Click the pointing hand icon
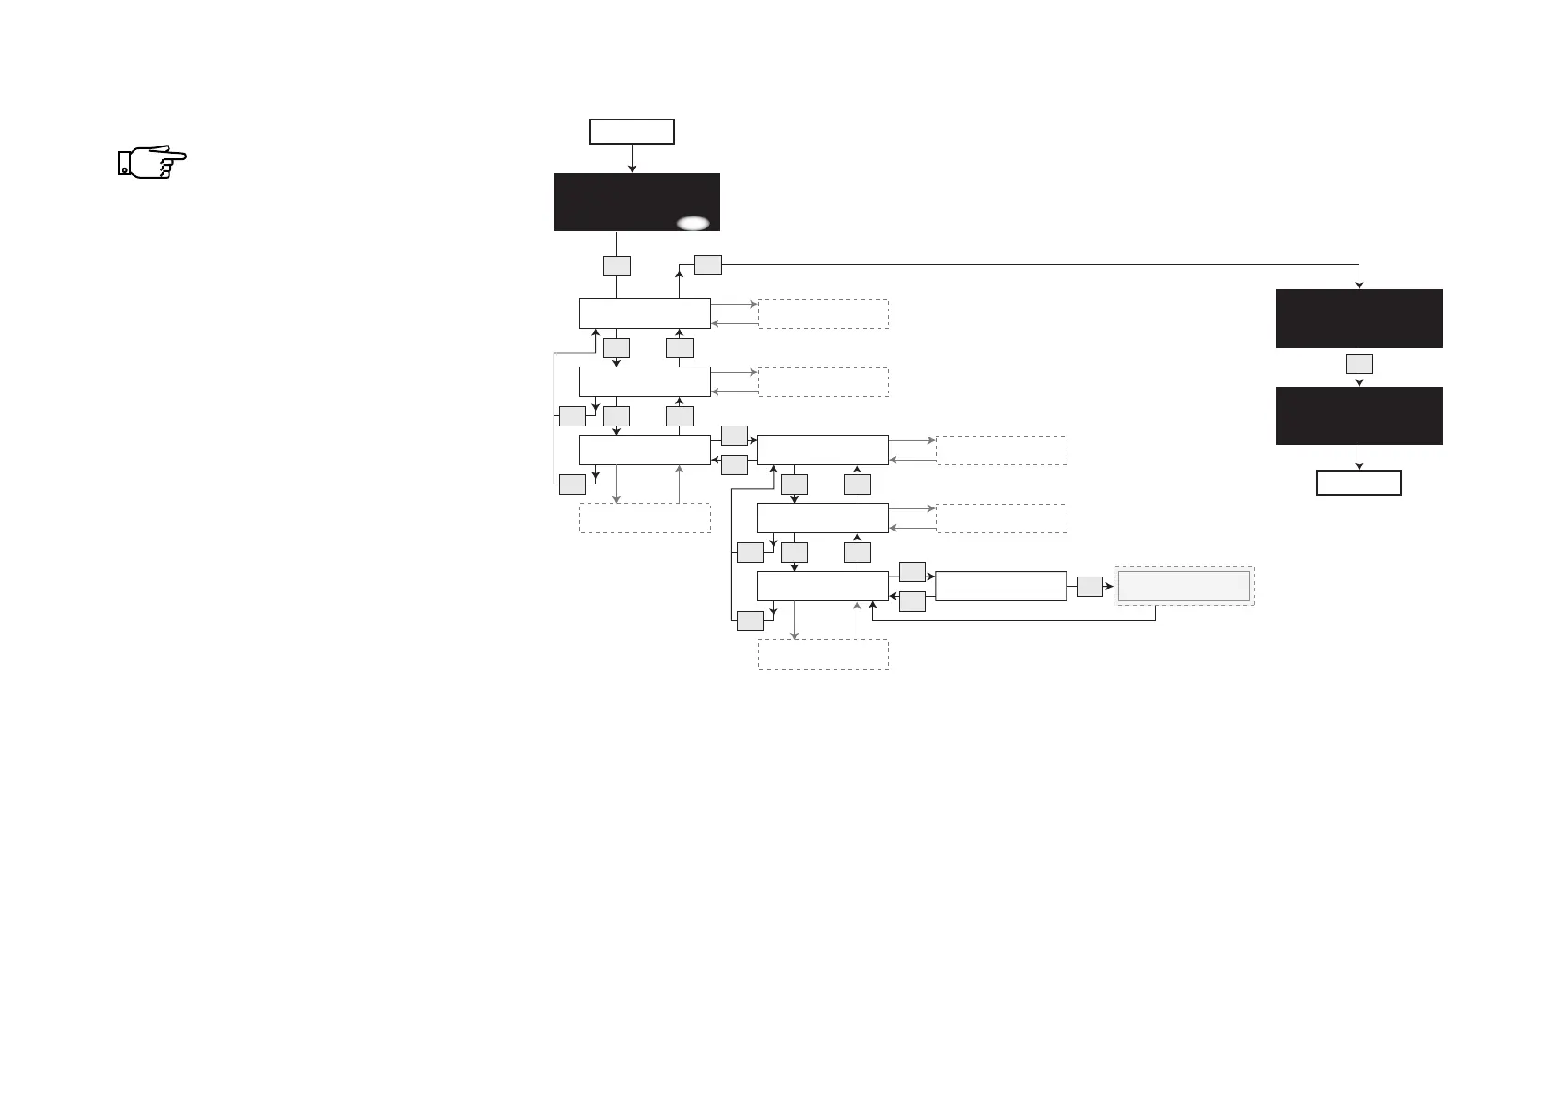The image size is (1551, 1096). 152,161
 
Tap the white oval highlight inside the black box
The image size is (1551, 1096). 694,223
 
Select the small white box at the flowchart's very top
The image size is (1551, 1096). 632,131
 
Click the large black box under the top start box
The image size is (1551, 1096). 636,201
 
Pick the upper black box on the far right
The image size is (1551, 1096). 1359,318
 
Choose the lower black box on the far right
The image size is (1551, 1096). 1359,415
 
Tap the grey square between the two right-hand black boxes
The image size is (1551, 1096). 1359,363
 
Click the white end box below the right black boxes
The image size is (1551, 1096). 1359,483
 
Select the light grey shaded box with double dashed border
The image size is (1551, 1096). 1184,586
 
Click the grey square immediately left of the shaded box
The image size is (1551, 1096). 1090,586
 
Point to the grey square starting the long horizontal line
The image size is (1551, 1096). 707,264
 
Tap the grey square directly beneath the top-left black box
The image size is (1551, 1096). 616,265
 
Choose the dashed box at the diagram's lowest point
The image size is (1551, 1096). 822,654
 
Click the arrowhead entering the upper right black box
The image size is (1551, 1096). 1359,285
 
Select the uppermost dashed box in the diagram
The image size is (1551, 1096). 822,313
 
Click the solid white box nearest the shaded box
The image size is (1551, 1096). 1000,586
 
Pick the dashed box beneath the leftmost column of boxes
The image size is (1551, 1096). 645,518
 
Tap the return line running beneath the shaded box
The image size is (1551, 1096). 1013,620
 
